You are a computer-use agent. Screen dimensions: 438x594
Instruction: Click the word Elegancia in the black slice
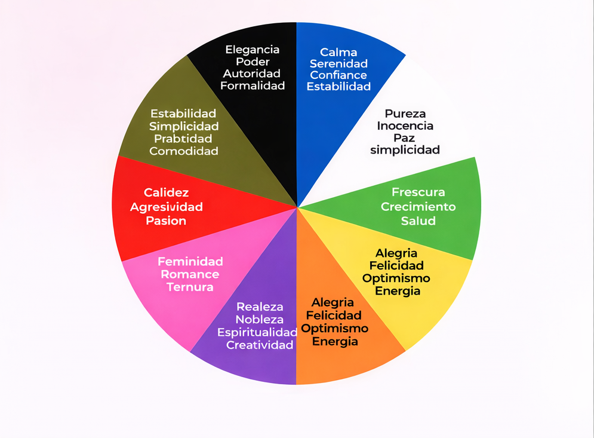pyautogui.click(x=252, y=50)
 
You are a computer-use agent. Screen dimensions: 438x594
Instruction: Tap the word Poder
pyautogui.click(x=253, y=62)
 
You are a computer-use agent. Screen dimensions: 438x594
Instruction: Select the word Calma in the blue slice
pyautogui.click(x=338, y=52)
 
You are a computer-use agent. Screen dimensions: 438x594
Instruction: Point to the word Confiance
pyautogui.click(x=338, y=75)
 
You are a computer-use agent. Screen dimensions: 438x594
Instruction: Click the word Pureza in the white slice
pyautogui.click(x=405, y=114)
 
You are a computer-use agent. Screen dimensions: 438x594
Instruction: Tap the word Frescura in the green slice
pyautogui.click(x=418, y=192)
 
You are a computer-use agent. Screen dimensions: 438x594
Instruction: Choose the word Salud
pyautogui.click(x=418, y=220)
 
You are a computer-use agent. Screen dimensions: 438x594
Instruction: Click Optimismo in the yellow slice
pyautogui.click(x=396, y=278)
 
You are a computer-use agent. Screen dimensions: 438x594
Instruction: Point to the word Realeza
pyautogui.click(x=260, y=307)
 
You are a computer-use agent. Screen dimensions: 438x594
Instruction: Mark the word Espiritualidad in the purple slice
pyautogui.click(x=257, y=332)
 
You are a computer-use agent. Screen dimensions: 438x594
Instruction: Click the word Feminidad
pyautogui.click(x=190, y=262)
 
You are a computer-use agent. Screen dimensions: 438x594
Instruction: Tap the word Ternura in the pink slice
pyautogui.click(x=190, y=287)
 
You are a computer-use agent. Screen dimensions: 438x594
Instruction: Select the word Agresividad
pyautogui.click(x=167, y=207)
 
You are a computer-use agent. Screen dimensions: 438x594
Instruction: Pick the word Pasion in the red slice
pyautogui.click(x=167, y=220)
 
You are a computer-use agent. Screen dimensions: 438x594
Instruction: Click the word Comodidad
pyautogui.click(x=184, y=151)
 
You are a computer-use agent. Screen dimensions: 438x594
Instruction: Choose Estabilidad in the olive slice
pyautogui.click(x=183, y=113)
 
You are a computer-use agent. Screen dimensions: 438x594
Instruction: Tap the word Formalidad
pyautogui.click(x=253, y=85)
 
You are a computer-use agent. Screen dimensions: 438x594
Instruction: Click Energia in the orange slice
pyautogui.click(x=335, y=341)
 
